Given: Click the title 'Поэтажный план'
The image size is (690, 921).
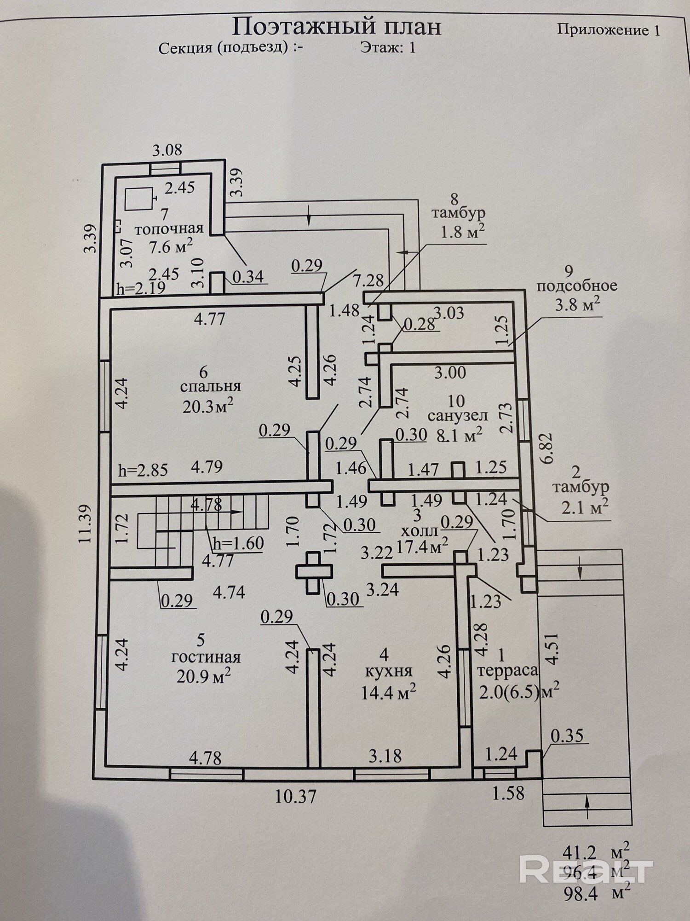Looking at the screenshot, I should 336,27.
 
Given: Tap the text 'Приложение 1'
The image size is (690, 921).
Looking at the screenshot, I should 608,30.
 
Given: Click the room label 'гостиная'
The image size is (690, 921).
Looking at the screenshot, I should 206,657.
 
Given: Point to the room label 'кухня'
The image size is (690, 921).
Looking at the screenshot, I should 389,671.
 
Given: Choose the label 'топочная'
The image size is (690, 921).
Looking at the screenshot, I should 169,229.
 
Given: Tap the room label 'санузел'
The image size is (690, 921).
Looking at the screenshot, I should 457,416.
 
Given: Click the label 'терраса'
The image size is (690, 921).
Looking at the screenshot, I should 507,670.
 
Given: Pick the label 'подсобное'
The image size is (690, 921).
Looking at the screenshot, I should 577,286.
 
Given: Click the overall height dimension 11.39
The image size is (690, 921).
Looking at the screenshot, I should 86,524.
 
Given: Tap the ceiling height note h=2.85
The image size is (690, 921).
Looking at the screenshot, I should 143,470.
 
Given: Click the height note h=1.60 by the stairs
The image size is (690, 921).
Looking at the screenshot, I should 238,543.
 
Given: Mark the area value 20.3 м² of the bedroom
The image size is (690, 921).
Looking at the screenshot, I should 208,406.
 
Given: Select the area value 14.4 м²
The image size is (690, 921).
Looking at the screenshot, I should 389,692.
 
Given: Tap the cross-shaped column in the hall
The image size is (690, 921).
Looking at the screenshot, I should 314,572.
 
